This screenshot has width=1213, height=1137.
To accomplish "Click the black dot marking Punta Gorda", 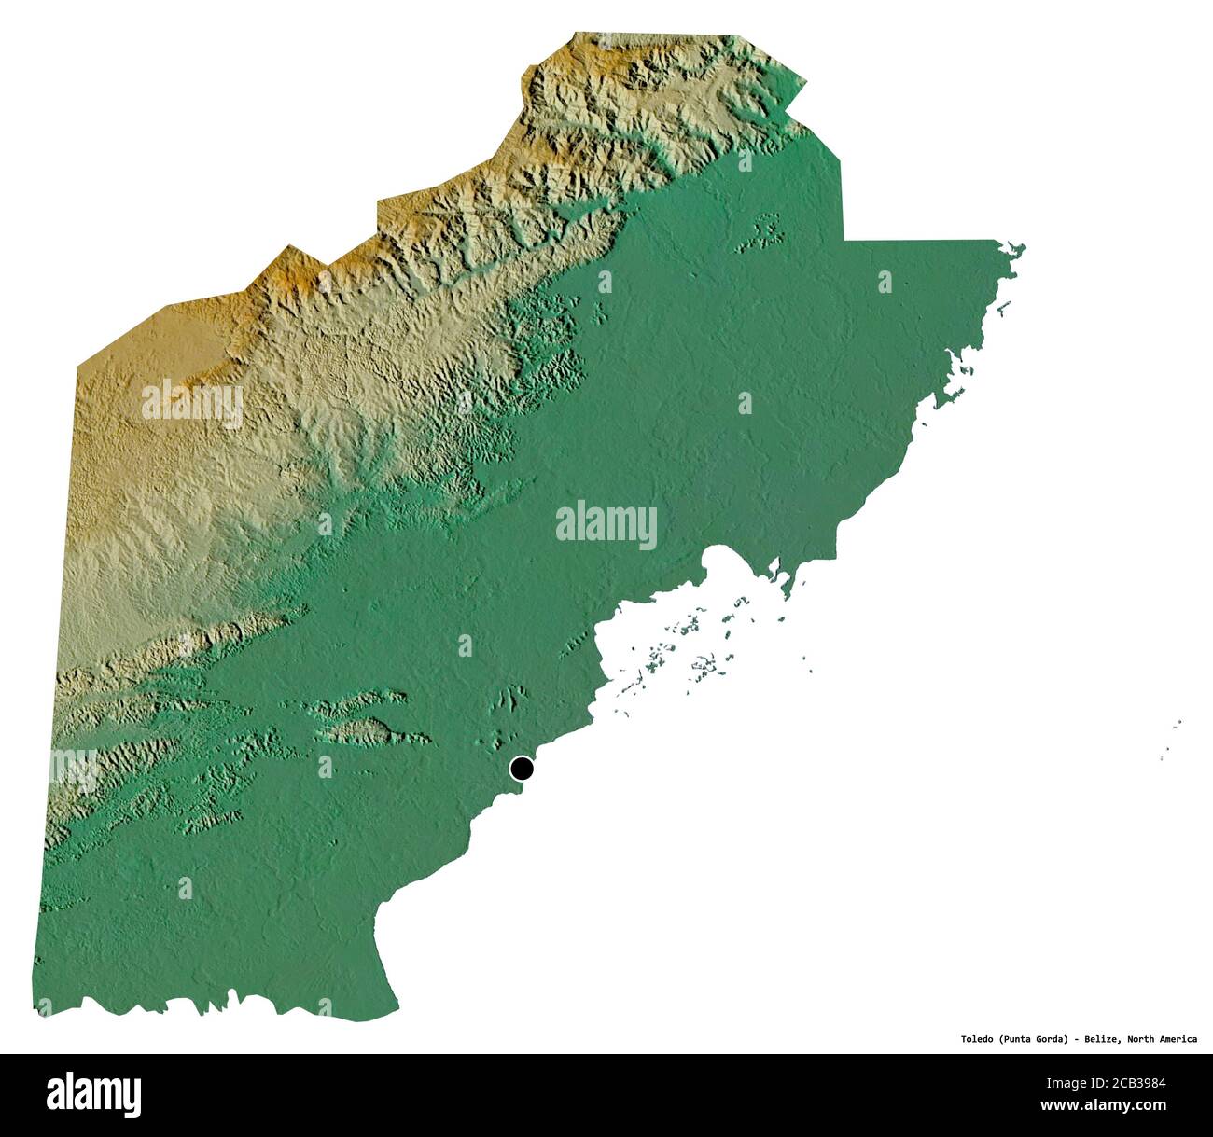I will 522,769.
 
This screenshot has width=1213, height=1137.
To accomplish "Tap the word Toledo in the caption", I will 978,1039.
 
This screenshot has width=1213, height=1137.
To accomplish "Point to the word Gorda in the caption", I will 1052,1039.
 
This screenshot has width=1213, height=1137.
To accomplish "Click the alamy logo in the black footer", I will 94,1094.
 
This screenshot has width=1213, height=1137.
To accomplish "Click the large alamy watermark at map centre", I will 606,526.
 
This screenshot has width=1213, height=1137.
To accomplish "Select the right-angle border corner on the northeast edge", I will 844,239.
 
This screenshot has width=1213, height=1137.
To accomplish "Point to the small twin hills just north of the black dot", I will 512,699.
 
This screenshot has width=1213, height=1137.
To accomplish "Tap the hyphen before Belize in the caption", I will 1076,1039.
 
